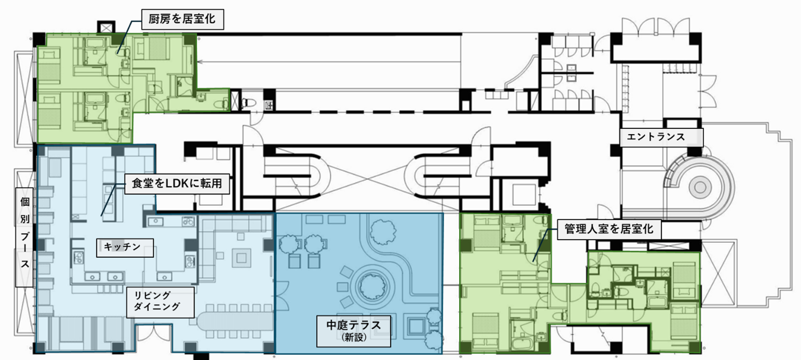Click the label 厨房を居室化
click(x=182, y=19)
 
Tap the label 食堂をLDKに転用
click(x=177, y=184)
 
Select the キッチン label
click(x=125, y=248)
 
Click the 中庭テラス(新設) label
click(x=354, y=331)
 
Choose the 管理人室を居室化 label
click(x=609, y=229)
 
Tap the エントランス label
click(x=662, y=137)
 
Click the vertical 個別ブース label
click(x=24, y=238)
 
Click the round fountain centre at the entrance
click(x=700, y=187)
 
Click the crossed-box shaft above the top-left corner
click(x=106, y=28)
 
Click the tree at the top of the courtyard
click(x=382, y=231)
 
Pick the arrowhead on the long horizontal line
click(x=200, y=62)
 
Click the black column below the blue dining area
click(x=201, y=356)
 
